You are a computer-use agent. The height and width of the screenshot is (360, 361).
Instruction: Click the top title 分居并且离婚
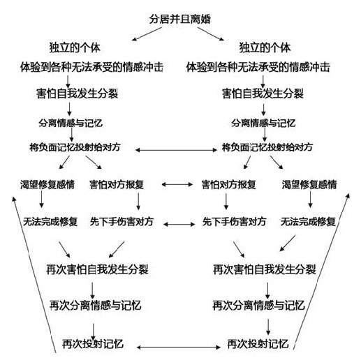click(x=179, y=19)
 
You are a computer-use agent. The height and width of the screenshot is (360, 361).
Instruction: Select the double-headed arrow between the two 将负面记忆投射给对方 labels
click(x=176, y=150)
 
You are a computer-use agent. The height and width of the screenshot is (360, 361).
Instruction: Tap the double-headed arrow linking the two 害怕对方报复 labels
click(x=177, y=184)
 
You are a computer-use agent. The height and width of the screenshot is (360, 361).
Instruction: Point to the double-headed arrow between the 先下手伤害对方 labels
click(x=179, y=224)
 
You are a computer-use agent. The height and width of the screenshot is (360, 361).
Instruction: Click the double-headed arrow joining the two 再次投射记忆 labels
click(x=179, y=347)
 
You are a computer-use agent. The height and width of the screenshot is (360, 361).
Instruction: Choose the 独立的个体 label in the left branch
click(x=75, y=47)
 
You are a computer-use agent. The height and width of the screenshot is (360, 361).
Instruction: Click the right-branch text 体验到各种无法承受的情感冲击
click(x=258, y=67)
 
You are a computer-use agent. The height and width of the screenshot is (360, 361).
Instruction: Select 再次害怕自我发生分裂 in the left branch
click(x=97, y=269)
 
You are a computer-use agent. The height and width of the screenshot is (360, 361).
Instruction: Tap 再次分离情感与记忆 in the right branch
click(x=258, y=305)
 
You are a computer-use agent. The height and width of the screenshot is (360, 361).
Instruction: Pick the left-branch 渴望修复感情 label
click(x=47, y=184)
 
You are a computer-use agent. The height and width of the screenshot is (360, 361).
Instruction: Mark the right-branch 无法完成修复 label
click(x=308, y=222)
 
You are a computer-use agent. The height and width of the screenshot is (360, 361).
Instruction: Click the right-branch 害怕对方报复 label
click(x=229, y=184)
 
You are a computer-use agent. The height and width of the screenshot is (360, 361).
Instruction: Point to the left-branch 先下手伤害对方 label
click(x=121, y=222)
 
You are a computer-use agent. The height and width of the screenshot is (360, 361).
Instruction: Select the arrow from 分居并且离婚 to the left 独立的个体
click(x=147, y=34)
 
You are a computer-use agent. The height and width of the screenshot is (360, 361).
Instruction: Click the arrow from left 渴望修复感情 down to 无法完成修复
click(x=42, y=199)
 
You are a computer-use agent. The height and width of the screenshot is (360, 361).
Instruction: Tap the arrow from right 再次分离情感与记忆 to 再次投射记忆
click(x=268, y=327)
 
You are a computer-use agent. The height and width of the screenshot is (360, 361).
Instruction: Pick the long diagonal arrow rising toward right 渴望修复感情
click(x=321, y=271)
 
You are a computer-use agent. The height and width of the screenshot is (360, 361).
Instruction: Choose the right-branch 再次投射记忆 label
click(x=258, y=344)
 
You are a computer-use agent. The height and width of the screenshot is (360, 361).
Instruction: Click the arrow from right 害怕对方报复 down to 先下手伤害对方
click(x=226, y=201)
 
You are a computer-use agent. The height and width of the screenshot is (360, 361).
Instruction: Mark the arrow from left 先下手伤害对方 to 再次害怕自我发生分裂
click(x=117, y=250)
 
